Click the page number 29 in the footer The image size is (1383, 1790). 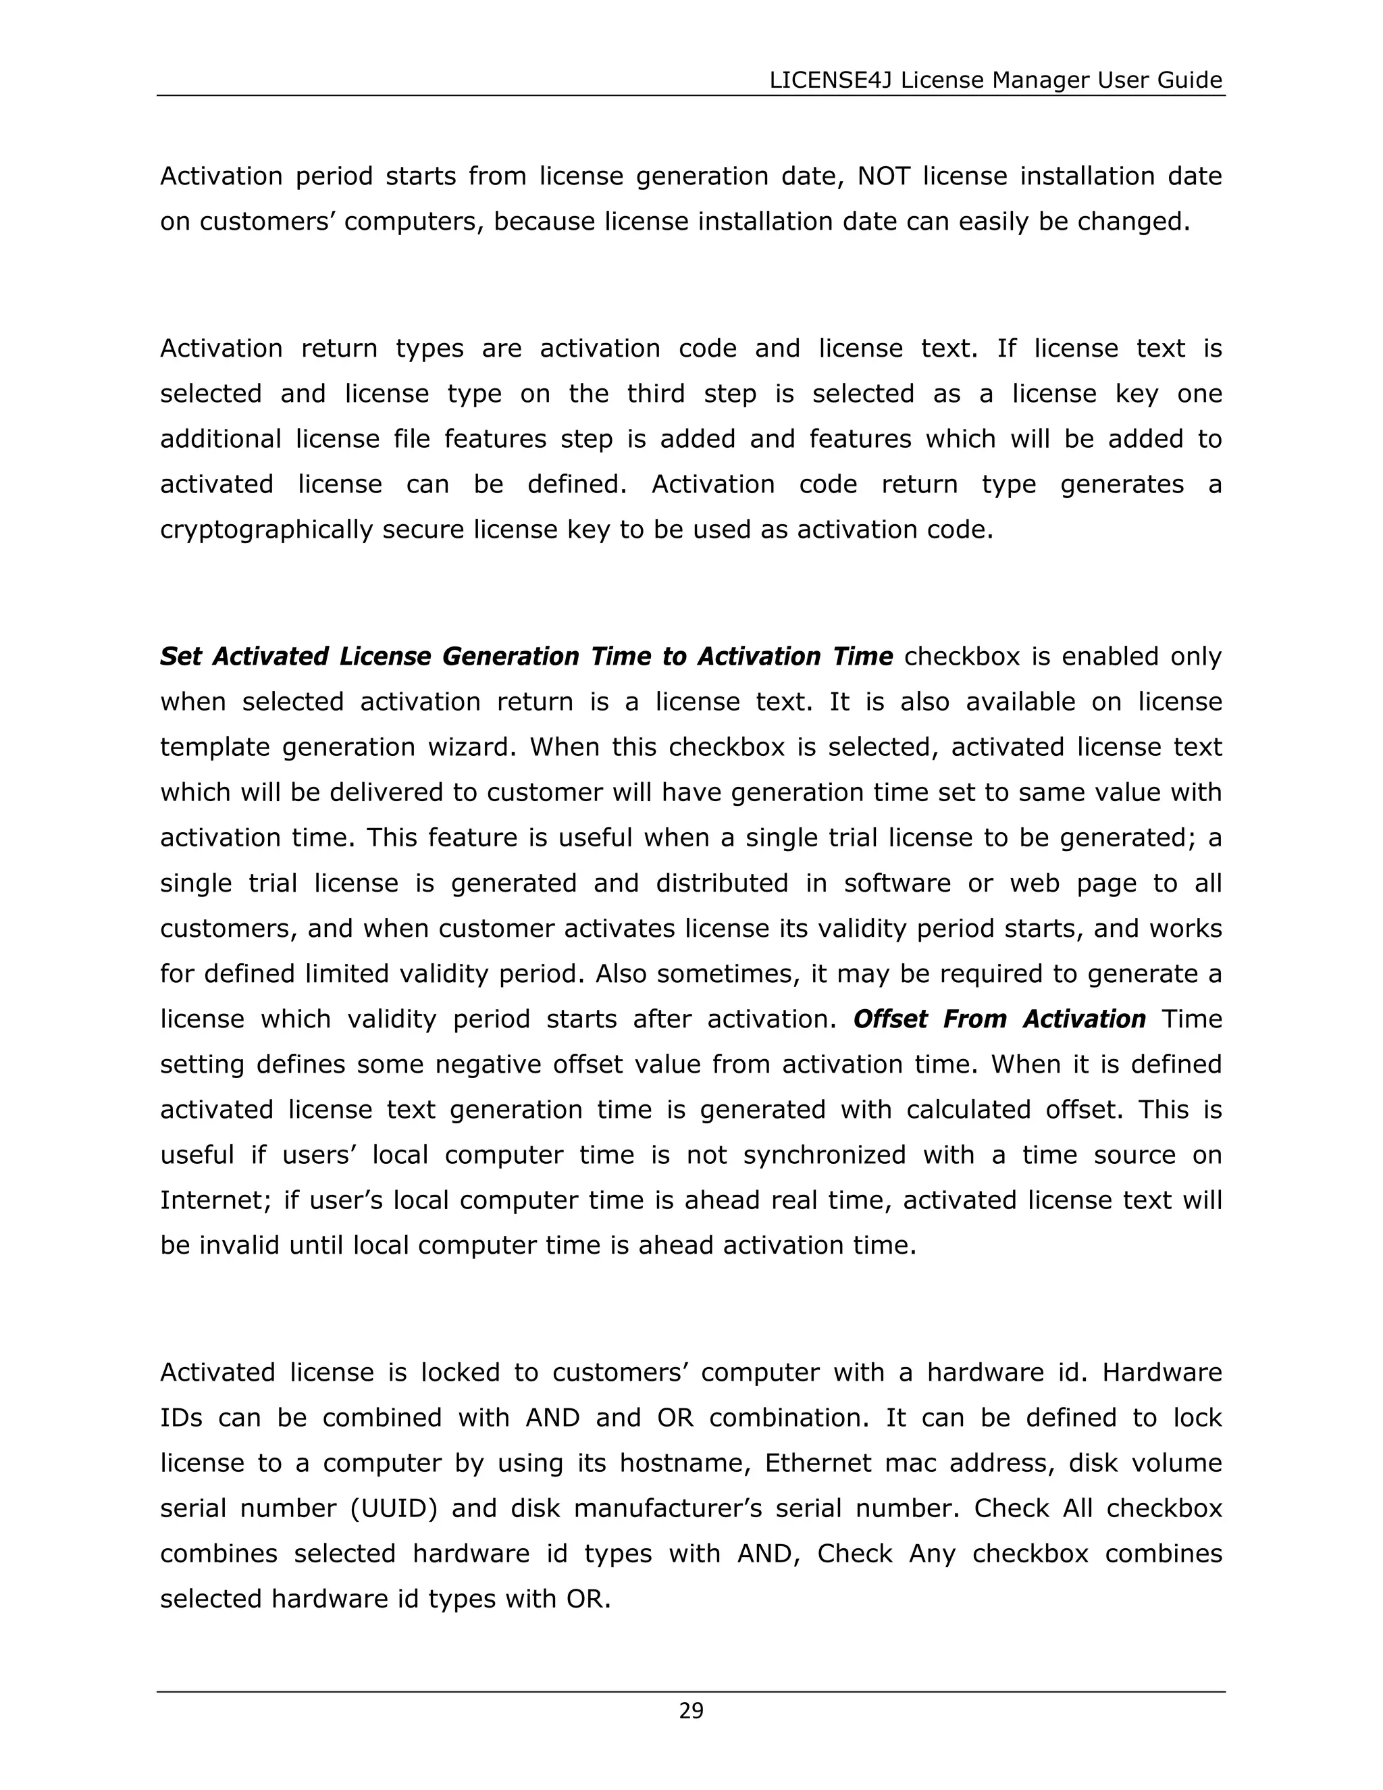(691, 1710)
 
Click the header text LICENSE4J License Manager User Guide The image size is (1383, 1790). (995, 80)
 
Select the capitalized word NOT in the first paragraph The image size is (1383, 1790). (883, 176)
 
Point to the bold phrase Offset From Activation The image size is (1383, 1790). (999, 1019)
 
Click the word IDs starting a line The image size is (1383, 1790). (181, 1418)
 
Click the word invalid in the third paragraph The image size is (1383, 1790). (234, 1246)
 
